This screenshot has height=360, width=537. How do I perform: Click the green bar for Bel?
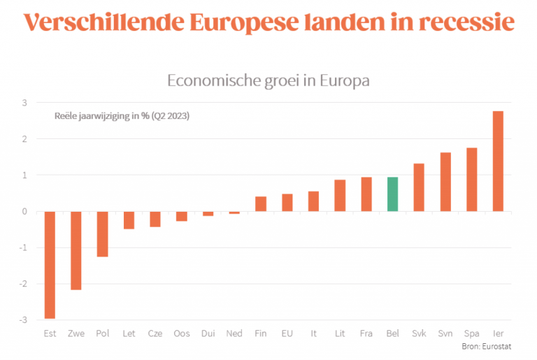pos(392,194)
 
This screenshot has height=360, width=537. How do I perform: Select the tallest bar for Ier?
pos(498,161)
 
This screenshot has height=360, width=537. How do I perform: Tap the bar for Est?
pos(50,265)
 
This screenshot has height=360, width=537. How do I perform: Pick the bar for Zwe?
pos(76,250)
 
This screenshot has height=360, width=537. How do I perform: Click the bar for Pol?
pos(102,234)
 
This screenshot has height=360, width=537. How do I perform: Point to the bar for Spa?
pos(472,180)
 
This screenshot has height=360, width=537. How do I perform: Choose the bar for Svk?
pos(419,187)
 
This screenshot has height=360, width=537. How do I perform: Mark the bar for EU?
pos(287,203)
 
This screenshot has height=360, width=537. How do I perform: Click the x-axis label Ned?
pos(234,334)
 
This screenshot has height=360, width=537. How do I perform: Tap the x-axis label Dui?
pos(208,334)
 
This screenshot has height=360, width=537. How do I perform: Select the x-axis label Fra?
pos(366,334)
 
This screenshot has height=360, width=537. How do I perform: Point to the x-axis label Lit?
pos(340,334)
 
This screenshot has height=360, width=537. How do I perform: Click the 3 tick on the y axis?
pos(25,103)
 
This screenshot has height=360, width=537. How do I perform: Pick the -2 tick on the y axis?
pos(23,284)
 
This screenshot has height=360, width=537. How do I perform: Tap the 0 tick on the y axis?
pos(25,211)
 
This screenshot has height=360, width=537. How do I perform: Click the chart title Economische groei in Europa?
pos(268,80)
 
